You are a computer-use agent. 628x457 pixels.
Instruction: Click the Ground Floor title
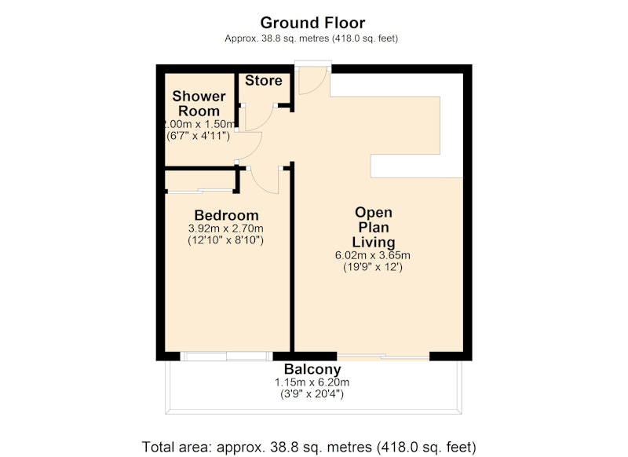point(312,23)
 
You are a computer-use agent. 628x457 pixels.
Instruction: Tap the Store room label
point(264,81)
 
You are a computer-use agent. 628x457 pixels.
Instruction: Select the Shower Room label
point(199,104)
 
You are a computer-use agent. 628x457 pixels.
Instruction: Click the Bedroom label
point(226,215)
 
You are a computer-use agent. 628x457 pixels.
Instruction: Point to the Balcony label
point(312,369)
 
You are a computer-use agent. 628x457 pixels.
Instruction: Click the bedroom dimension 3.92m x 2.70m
point(226,228)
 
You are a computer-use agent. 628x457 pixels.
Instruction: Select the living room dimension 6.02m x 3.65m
point(372,255)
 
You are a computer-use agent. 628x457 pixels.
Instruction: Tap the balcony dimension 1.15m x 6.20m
point(312,382)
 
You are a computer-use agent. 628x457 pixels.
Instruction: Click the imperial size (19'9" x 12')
point(373,267)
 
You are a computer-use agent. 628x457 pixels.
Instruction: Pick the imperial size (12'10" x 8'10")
point(226,240)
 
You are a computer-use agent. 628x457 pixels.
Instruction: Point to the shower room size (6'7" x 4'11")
point(199,136)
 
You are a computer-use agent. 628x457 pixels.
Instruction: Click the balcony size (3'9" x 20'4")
point(312,394)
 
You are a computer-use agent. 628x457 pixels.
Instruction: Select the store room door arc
point(265,122)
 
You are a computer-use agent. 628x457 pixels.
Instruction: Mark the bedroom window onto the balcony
point(227,356)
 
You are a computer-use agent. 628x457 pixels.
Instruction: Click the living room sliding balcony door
point(383,356)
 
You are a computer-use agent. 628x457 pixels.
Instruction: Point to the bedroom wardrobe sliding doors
point(200,191)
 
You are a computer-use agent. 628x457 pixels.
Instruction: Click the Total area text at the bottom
point(309,447)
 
